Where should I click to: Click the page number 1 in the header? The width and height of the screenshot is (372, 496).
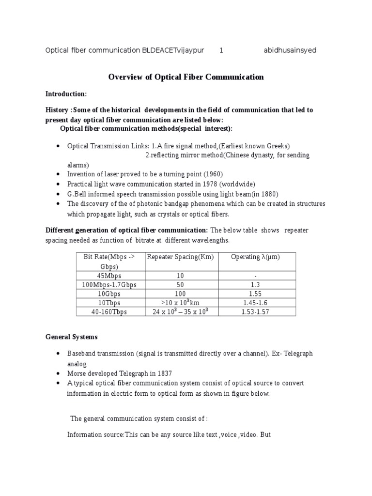click(x=221, y=50)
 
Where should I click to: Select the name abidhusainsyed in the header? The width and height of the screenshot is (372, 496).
click(x=290, y=50)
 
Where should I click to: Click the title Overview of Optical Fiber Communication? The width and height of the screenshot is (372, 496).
click(x=186, y=77)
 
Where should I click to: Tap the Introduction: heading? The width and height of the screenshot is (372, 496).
click(x=66, y=94)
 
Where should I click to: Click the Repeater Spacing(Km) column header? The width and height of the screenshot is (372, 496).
click(x=180, y=257)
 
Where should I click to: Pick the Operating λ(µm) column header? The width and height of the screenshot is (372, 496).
click(x=256, y=257)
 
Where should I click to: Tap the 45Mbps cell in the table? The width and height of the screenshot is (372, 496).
click(x=111, y=276)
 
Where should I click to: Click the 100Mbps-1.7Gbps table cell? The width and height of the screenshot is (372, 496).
click(x=111, y=285)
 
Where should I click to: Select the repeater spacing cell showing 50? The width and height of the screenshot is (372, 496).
click(x=180, y=285)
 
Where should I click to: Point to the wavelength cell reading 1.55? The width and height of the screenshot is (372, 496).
click(x=256, y=294)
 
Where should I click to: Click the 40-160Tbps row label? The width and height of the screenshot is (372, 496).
click(x=111, y=312)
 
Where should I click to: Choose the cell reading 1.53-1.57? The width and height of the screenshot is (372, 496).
click(x=256, y=312)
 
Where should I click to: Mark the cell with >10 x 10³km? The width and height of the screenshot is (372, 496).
click(x=180, y=303)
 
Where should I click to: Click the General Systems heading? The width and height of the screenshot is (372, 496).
click(x=71, y=337)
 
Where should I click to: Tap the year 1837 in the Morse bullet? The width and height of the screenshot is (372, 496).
click(x=162, y=374)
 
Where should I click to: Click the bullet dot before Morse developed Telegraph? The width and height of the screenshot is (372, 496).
click(x=58, y=374)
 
